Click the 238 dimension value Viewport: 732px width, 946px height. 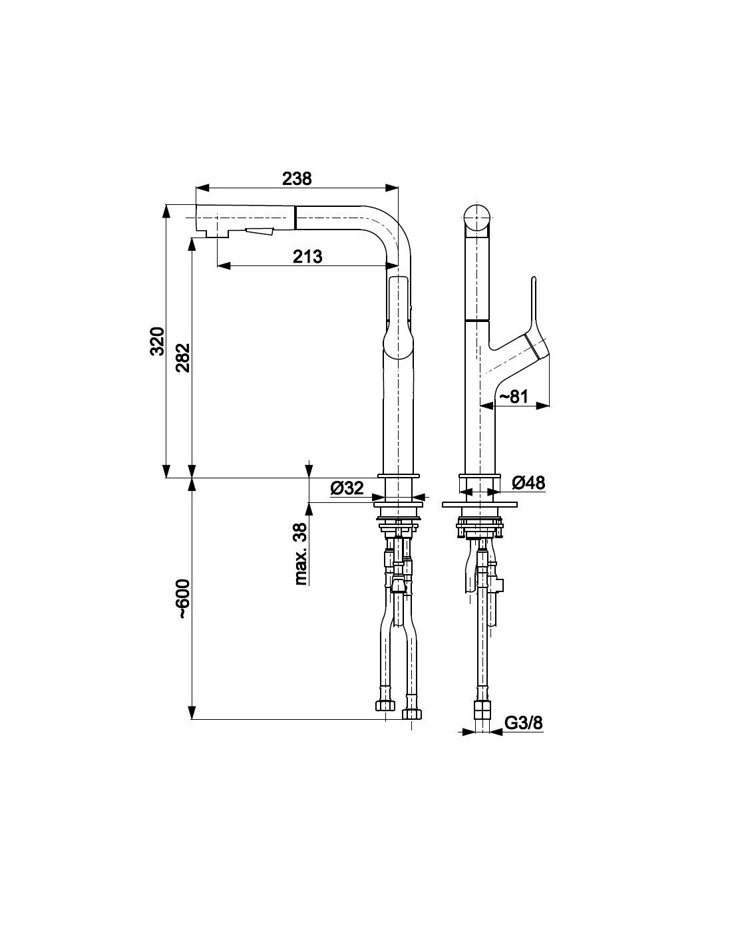point(297,178)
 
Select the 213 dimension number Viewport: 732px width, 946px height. point(307,256)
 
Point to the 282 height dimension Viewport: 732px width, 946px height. point(183,357)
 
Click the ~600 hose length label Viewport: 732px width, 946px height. point(183,598)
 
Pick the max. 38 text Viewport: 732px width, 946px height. point(301,553)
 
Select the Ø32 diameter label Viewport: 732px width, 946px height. point(347,488)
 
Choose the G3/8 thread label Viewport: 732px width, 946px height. point(524,723)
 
